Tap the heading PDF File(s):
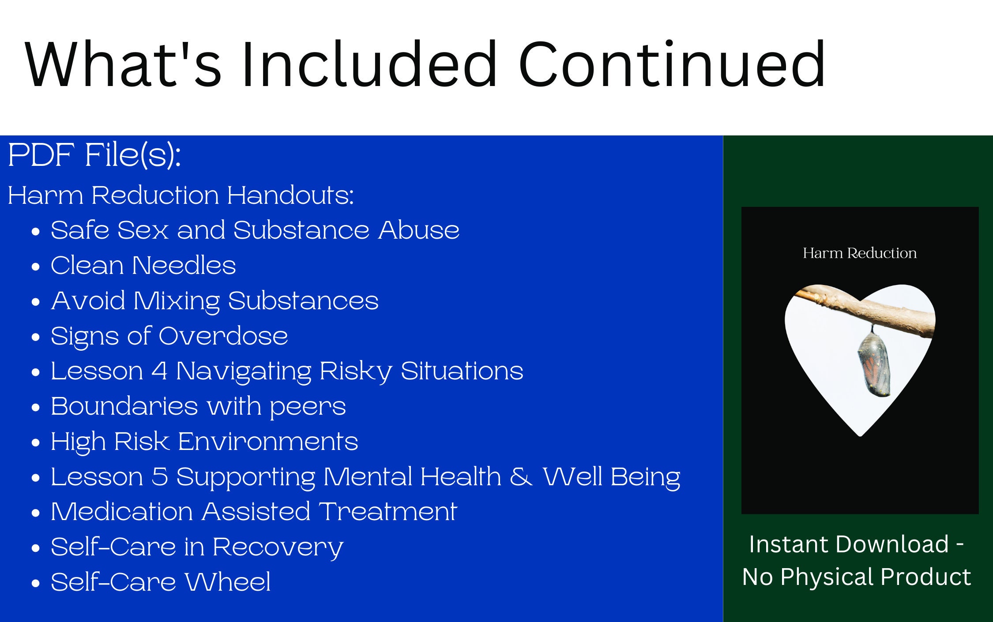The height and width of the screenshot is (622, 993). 94,155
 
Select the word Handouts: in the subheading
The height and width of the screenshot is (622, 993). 290,195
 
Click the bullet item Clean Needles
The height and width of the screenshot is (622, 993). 143,265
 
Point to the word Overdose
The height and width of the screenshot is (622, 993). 223,336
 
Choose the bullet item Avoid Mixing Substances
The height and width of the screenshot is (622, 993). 215,301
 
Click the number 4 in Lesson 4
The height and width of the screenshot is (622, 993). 159,371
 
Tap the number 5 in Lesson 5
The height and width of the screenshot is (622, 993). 160,477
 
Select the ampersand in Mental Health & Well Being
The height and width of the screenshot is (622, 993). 521,477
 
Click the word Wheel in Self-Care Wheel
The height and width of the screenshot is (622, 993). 228,582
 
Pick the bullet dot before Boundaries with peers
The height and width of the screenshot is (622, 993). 36,407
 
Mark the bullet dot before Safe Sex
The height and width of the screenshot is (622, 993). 36,231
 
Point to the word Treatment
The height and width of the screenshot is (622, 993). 388,512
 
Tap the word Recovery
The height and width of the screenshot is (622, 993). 278,548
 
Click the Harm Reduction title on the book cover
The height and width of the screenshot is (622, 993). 860,253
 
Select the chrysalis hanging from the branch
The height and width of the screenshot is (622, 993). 873,364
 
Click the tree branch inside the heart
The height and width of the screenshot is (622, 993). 865,309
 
